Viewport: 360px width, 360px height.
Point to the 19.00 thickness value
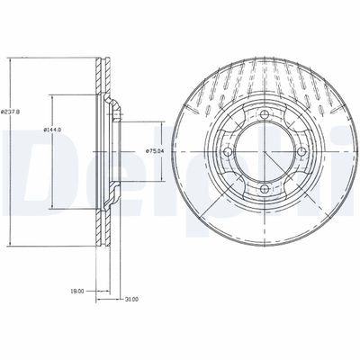(x=78, y=291)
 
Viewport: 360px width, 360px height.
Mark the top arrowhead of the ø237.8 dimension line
(x=11, y=62)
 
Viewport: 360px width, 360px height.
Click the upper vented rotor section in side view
(x=101, y=76)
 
